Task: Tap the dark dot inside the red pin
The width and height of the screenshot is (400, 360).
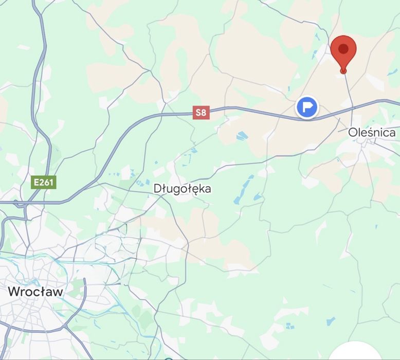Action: pos(343,49)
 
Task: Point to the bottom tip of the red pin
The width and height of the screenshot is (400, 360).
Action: pos(343,73)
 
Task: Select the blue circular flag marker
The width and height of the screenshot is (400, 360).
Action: pos(307,107)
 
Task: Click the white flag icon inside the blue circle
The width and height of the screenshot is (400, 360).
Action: pos(307,107)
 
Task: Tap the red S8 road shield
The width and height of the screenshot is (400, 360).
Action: pos(201,113)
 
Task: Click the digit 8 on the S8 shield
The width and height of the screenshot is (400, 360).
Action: pos(204,113)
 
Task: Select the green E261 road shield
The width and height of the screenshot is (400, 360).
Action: pos(43,182)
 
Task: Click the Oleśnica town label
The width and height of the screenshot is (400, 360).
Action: pos(372,132)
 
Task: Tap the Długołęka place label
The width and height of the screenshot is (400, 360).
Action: pos(182,189)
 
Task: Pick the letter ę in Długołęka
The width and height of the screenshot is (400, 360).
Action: pos(196,190)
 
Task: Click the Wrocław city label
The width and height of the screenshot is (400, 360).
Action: pos(35,292)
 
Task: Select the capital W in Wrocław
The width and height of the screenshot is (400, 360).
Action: pos(14,292)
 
